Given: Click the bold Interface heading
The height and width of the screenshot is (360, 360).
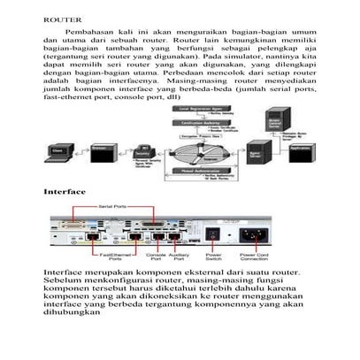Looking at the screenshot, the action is [x=65, y=191].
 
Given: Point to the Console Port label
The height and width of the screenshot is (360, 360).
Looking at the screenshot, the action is [x=157, y=256].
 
